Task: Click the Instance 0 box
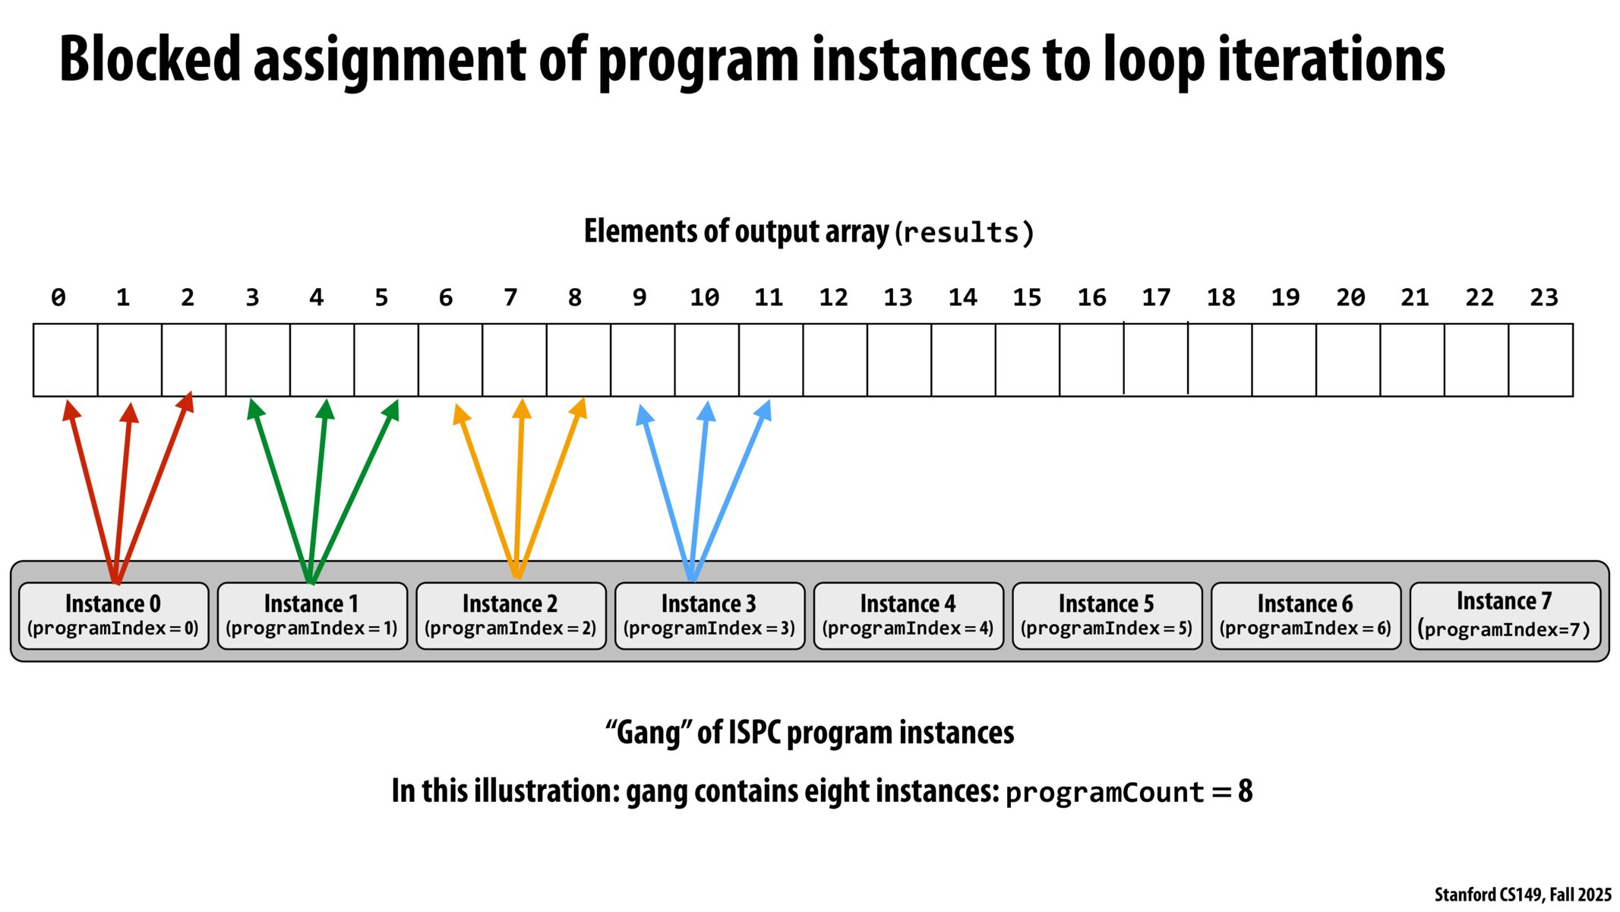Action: coord(113,616)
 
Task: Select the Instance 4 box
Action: coord(908,616)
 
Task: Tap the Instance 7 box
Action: coord(1505,616)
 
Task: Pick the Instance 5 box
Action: coord(1107,616)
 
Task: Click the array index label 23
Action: coord(1543,297)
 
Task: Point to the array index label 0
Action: coord(58,297)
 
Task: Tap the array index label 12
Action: coord(833,297)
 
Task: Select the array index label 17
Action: coord(1156,297)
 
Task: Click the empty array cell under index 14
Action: coord(963,359)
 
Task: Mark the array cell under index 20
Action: coord(1348,359)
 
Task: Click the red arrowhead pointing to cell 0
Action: coord(70,410)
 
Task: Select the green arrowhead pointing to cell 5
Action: coord(392,410)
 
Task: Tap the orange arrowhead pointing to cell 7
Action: coord(522,409)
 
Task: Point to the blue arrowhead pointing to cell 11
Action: coord(765,410)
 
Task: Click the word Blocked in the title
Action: coord(150,59)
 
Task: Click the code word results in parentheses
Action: coord(965,233)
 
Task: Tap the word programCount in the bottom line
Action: coord(1104,793)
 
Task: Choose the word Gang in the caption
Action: coord(648,733)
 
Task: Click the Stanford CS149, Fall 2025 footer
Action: coord(1522,895)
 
